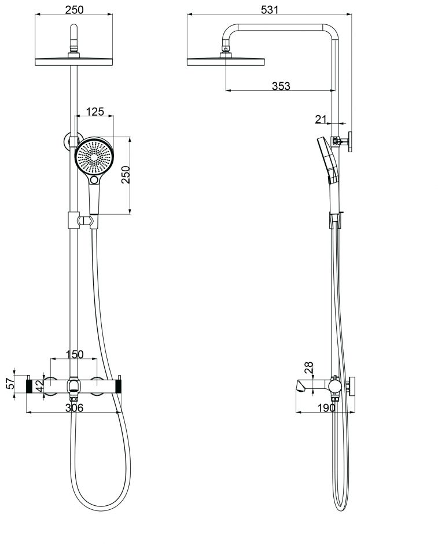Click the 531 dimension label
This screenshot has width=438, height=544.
(x=270, y=9)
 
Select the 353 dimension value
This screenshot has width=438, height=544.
(x=281, y=86)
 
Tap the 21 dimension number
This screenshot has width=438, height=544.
(x=321, y=119)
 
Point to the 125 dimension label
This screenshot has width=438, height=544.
(x=95, y=112)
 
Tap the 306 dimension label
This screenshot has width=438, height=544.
(x=74, y=408)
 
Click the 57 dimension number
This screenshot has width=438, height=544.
(x=9, y=384)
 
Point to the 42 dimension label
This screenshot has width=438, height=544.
(x=40, y=386)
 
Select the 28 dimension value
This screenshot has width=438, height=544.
(x=308, y=367)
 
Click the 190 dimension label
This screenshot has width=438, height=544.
(x=326, y=408)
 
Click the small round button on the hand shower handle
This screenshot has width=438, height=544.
(x=94, y=181)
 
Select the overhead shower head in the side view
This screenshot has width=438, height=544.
(x=226, y=60)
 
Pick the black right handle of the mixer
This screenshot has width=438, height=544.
(x=120, y=385)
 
